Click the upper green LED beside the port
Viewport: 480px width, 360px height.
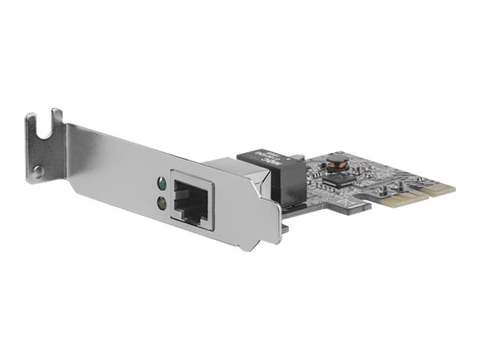(159, 181)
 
